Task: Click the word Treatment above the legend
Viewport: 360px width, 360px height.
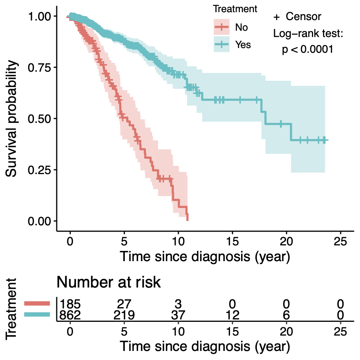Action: pyautogui.click(x=235, y=9)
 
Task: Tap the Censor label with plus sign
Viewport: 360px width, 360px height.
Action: pyautogui.click(x=297, y=17)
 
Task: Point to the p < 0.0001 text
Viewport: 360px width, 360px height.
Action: pyautogui.click(x=308, y=50)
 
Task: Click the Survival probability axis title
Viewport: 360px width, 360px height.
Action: pyautogui.click(x=11, y=118)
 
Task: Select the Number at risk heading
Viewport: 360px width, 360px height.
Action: pyautogui.click(x=109, y=282)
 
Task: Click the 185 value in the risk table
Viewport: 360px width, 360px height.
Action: pyautogui.click(x=70, y=304)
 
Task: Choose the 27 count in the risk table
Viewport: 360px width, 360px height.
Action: pyautogui.click(x=124, y=304)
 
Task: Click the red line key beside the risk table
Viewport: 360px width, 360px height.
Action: pyautogui.click(x=37, y=303)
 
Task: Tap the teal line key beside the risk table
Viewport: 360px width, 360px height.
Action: pyautogui.click(x=37, y=314)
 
